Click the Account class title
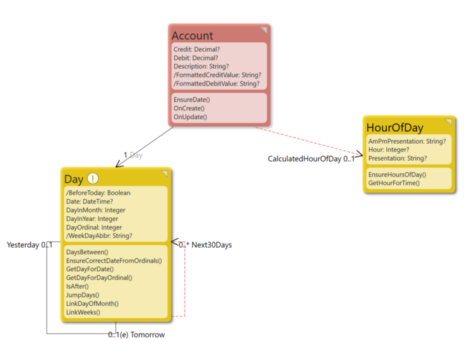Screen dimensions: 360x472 coord(192,35)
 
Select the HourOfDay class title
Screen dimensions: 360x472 coord(394,127)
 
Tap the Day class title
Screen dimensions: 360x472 coord(74,179)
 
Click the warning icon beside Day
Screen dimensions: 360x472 coord(93,178)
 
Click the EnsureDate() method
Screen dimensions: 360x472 coord(192,100)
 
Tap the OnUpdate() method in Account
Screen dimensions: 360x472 coord(191,117)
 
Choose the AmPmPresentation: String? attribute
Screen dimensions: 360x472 coord(407,141)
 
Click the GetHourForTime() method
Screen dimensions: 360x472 coord(394,183)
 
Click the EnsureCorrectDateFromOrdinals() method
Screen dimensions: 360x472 coord(114,260)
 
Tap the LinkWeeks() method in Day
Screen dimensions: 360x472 coord(83,312)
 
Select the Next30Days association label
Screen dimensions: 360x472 coord(211,245)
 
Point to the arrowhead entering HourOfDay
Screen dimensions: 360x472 coord(358,158)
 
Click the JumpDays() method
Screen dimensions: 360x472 coord(83,294)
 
